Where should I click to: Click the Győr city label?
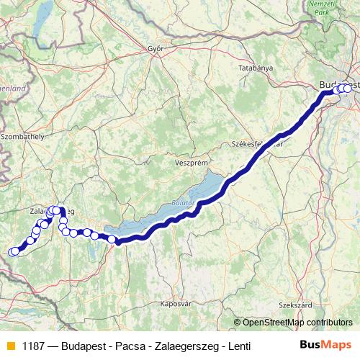tap(156, 49)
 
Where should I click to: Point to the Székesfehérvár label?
tap(257, 143)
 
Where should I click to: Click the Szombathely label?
tap(23, 135)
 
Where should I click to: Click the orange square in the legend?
tap(9, 346)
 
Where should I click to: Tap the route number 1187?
tap(33, 346)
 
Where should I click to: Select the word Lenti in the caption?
tap(238, 346)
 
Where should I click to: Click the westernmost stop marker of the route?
tap(12, 251)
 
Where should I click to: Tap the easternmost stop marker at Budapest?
tap(348, 89)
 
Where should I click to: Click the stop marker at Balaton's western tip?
tap(112, 240)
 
